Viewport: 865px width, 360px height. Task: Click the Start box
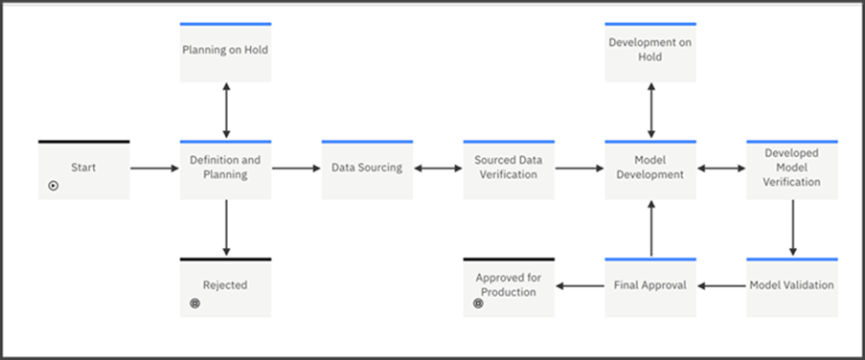click(x=83, y=170)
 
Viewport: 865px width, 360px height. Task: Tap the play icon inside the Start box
click(x=54, y=186)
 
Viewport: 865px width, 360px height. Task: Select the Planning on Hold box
click(x=225, y=53)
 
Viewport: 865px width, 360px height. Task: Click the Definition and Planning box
click(x=225, y=170)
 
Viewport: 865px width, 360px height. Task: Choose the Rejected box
click(x=225, y=287)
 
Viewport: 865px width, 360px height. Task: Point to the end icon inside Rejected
click(x=195, y=304)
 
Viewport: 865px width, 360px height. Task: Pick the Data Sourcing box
click(x=367, y=170)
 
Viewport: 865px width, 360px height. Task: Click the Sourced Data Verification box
click(x=508, y=170)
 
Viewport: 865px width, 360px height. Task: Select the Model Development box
click(x=650, y=170)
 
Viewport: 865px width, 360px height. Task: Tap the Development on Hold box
click(x=650, y=53)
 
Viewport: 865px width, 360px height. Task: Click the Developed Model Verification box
click(x=792, y=170)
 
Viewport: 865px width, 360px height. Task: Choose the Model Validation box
click(x=792, y=287)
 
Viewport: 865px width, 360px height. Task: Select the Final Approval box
click(x=650, y=287)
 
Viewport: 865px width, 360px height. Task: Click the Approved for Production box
click(x=508, y=287)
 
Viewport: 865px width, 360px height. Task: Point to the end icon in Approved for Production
click(x=479, y=304)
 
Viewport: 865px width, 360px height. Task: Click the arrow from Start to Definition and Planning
click(x=154, y=169)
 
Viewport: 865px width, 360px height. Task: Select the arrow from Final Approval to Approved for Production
click(x=580, y=285)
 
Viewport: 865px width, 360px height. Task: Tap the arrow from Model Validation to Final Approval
click(x=721, y=285)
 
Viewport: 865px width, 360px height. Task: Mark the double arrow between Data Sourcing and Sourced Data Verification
click(x=438, y=169)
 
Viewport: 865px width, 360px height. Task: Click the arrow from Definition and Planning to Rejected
click(x=226, y=228)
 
